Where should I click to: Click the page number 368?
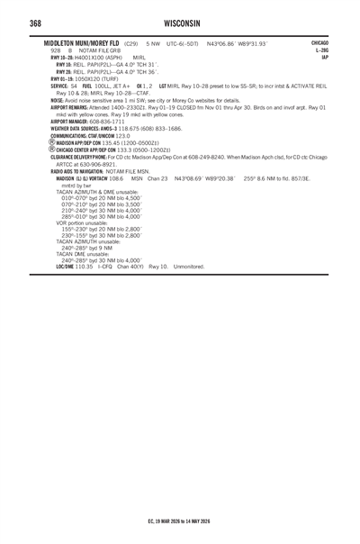coord(39,23)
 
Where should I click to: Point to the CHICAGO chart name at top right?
coord(318,41)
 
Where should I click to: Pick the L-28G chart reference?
coord(320,50)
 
